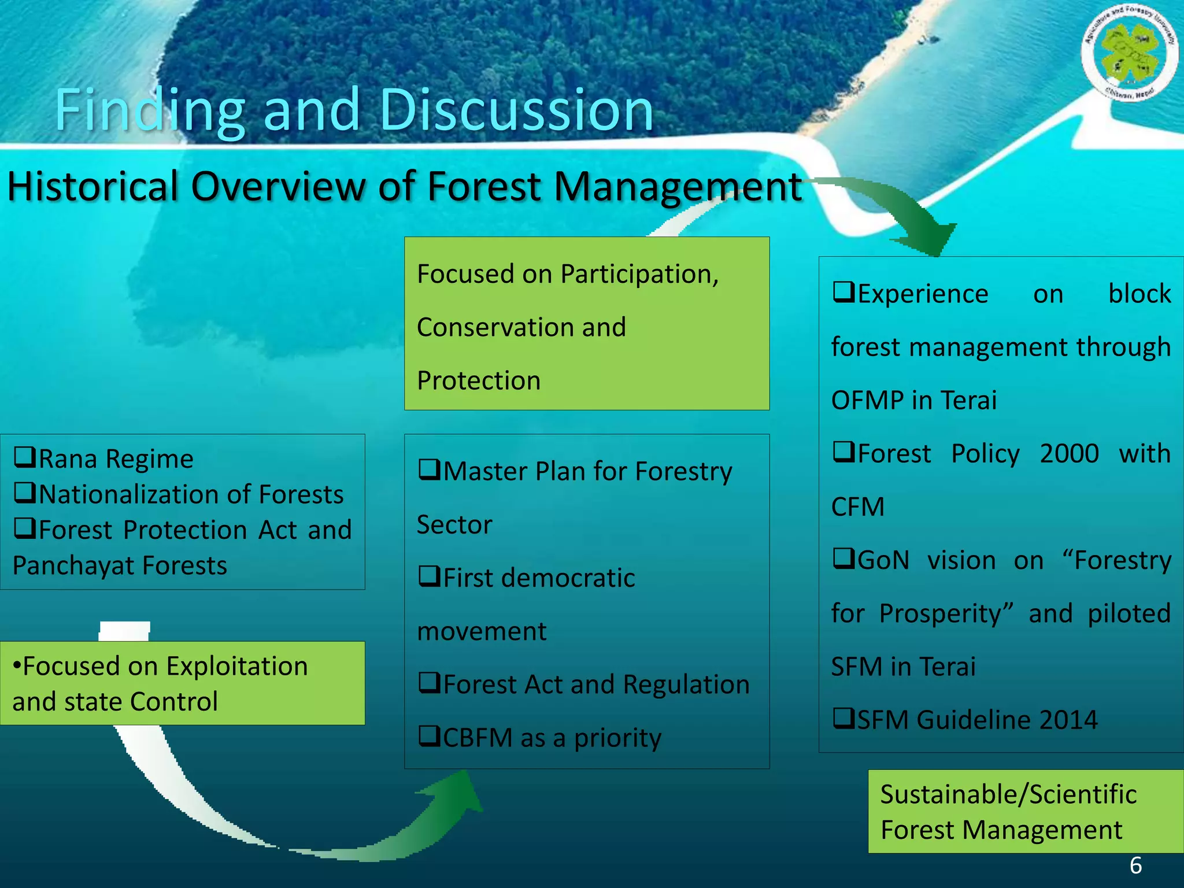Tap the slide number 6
tap(1135, 865)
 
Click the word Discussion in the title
tap(516, 110)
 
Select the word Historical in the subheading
tap(92, 187)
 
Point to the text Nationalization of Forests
tap(191, 494)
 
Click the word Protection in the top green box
tap(479, 380)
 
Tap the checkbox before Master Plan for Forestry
tap(429, 470)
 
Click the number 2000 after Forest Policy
tap(1069, 453)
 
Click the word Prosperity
tap(946, 613)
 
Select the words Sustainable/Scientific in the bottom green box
tap(1008, 794)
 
